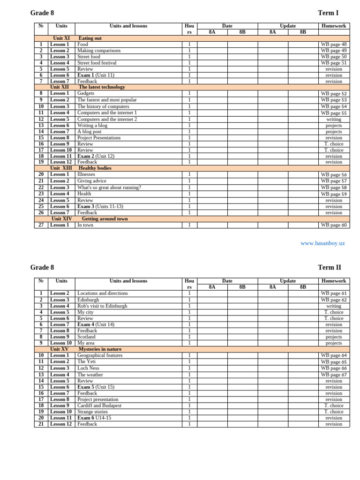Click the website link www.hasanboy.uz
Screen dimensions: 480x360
point(322,243)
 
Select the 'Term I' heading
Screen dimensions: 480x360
point(328,13)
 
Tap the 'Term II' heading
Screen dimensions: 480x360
point(330,268)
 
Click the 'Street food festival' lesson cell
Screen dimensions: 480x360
point(97,63)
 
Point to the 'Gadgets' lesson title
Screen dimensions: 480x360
point(86,93)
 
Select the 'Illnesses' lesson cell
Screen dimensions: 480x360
point(86,174)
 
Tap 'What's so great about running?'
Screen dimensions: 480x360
point(109,187)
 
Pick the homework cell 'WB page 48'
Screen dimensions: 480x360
point(334,45)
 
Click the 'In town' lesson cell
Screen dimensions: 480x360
point(85,225)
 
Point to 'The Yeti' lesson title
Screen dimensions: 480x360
point(88,361)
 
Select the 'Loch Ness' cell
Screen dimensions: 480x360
point(89,368)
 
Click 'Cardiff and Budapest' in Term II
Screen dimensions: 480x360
point(99,405)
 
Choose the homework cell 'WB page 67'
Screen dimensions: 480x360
point(334,375)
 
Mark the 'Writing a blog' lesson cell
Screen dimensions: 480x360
point(92,126)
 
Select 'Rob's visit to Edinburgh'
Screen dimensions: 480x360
point(102,306)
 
